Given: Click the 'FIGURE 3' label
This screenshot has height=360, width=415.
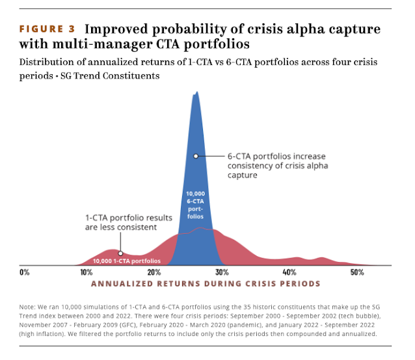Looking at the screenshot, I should point(47,30).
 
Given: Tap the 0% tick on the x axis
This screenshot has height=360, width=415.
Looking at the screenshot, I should point(25,272).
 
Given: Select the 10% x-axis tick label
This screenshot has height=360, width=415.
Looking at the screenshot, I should point(86,272).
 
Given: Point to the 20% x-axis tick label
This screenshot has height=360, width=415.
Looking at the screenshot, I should point(154,272).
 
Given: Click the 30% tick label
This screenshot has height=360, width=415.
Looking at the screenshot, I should point(222,272).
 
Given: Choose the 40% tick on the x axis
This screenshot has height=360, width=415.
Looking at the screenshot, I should point(289,272).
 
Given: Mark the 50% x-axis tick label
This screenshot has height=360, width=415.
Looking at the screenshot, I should point(357,272).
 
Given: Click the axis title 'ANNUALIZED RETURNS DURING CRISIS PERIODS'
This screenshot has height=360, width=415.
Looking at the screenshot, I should point(206,284).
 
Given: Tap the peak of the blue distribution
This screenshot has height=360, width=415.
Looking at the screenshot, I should point(196,92).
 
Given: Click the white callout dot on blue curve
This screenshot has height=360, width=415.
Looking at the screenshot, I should point(196,156).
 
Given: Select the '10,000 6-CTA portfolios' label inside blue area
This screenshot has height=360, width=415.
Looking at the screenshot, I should point(196,205).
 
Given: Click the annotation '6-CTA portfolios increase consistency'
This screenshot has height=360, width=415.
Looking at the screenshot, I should point(276,165).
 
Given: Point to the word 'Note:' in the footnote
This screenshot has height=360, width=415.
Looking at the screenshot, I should point(30,307).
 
